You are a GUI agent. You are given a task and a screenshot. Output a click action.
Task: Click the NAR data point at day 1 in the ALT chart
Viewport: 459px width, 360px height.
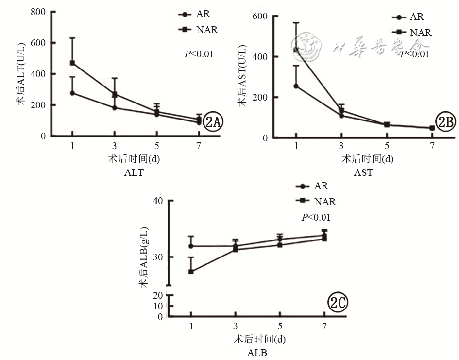[x=72, y=63]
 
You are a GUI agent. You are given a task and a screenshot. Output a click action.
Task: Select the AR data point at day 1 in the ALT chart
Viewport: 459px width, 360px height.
[x=72, y=93]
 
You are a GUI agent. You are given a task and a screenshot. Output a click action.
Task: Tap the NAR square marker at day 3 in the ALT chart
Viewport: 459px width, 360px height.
[x=115, y=95]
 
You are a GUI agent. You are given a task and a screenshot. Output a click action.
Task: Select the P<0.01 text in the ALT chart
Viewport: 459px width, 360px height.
[x=199, y=54]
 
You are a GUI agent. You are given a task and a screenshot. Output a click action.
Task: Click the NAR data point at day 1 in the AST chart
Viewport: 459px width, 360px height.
[x=296, y=50]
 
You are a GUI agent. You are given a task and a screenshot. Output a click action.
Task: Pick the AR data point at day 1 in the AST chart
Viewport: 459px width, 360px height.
[x=296, y=86]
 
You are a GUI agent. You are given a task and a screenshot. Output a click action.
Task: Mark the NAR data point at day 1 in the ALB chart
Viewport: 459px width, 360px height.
[x=191, y=272]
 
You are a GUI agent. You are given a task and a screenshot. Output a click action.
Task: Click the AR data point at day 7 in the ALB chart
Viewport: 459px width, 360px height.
[x=324, y=236]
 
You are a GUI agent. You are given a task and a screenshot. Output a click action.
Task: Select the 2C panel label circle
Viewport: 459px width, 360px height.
[x=338, y=304]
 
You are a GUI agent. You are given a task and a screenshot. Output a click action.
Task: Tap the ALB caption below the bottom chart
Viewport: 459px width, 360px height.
[x=257, y=352]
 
